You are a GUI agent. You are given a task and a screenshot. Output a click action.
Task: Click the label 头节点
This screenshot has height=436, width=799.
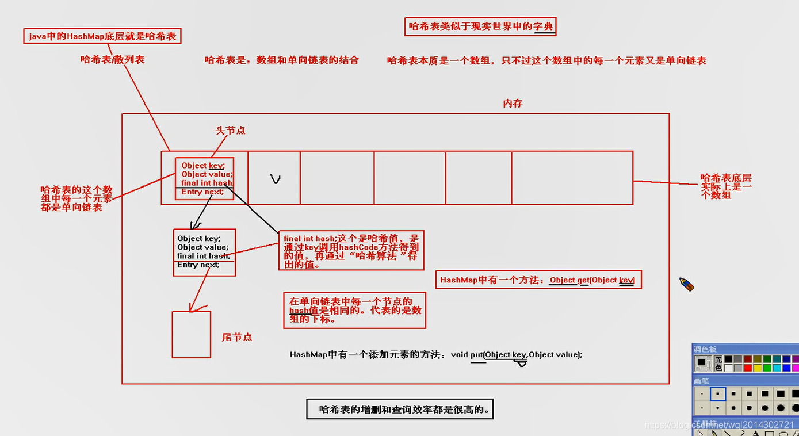(x=230, y=131)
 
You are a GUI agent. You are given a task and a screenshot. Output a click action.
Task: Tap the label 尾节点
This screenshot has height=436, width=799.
(x=237, y=337)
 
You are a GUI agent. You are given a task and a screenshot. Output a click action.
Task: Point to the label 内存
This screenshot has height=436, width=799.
(x=513, y=104)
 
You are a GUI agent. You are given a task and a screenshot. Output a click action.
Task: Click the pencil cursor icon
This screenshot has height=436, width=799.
(x=687, y=284)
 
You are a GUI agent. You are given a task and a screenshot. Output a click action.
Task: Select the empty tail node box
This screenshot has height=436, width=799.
(x=192, y=334)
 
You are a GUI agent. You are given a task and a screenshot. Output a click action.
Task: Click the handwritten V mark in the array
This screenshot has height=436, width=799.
(x=276, y=179)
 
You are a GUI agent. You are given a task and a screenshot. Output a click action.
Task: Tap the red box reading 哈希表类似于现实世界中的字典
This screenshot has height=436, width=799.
(x=481, y=26)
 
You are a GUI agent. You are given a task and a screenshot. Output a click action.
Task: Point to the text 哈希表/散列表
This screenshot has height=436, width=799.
(x=113, y=59)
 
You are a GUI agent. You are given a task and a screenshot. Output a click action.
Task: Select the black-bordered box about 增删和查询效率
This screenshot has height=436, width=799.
(x=400, y=410)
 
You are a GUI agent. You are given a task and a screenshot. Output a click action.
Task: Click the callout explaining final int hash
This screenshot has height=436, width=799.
(x=351, y=251)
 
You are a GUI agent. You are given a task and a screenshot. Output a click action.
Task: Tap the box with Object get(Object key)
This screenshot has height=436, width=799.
(x=538, y=280)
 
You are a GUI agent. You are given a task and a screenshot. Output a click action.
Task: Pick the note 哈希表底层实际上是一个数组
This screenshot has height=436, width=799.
(x=726, y=186)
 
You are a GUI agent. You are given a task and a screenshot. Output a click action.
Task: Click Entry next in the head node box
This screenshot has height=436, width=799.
(x=202, y=192)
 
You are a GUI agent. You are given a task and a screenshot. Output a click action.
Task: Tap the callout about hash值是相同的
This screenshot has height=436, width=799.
(x=354, y=310)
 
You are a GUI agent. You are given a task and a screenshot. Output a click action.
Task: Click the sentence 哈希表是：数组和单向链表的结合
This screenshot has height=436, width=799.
(x=282, y=60)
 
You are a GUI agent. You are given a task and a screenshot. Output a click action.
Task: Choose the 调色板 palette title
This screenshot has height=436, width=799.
(x=705, y=349)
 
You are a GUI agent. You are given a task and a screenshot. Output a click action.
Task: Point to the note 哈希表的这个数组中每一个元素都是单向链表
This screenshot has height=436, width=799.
(x=76, y=198)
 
